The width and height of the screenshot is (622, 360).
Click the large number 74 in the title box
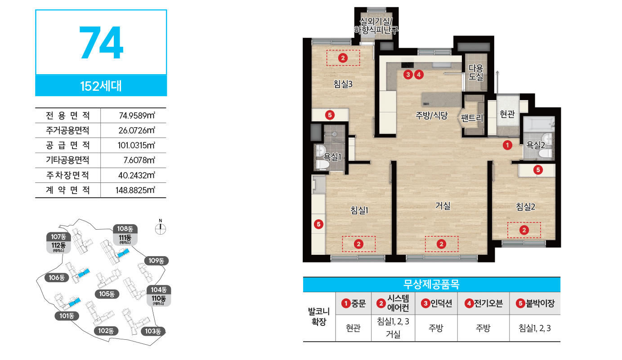101,43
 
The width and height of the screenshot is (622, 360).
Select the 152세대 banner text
101,86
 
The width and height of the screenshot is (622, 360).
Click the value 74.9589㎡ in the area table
137,115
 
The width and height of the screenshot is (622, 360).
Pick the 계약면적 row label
68,190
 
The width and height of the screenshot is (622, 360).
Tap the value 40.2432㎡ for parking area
137,175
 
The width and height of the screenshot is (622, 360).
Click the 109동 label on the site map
157,261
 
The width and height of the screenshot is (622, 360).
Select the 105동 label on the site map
107,294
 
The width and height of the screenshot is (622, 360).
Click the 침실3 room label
343,84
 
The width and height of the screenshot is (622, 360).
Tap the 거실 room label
443,206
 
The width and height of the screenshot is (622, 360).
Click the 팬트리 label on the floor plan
472,118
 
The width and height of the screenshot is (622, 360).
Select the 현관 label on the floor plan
507,114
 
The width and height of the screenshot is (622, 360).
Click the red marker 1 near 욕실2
507,145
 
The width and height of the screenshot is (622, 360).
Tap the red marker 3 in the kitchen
408,75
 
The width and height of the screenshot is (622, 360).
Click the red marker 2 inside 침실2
524,230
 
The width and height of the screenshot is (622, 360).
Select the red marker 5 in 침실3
330,115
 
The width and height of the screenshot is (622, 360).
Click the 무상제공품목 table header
431,284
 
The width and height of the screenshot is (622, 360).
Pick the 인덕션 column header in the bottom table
436,303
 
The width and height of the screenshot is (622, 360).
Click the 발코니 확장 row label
319,316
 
